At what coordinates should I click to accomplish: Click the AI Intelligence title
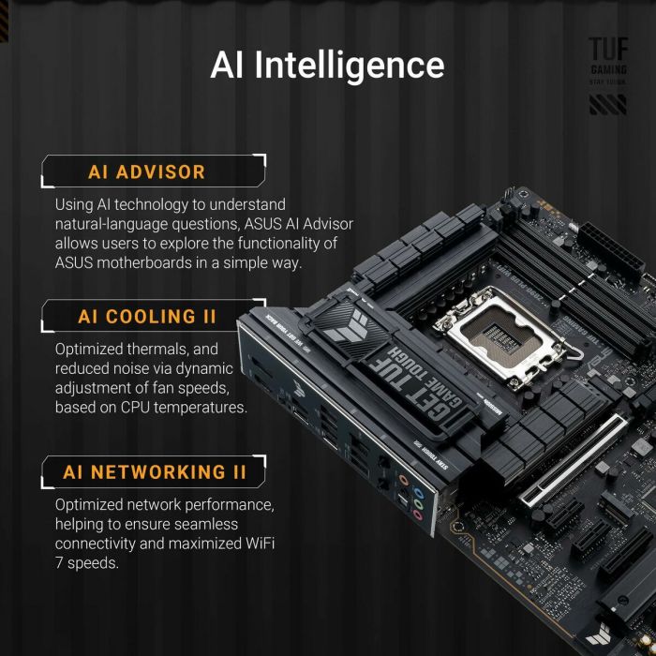tap(327, 65)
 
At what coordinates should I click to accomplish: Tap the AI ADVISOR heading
tap(146, 171)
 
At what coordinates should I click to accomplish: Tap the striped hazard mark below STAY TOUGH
tap(607, 104)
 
